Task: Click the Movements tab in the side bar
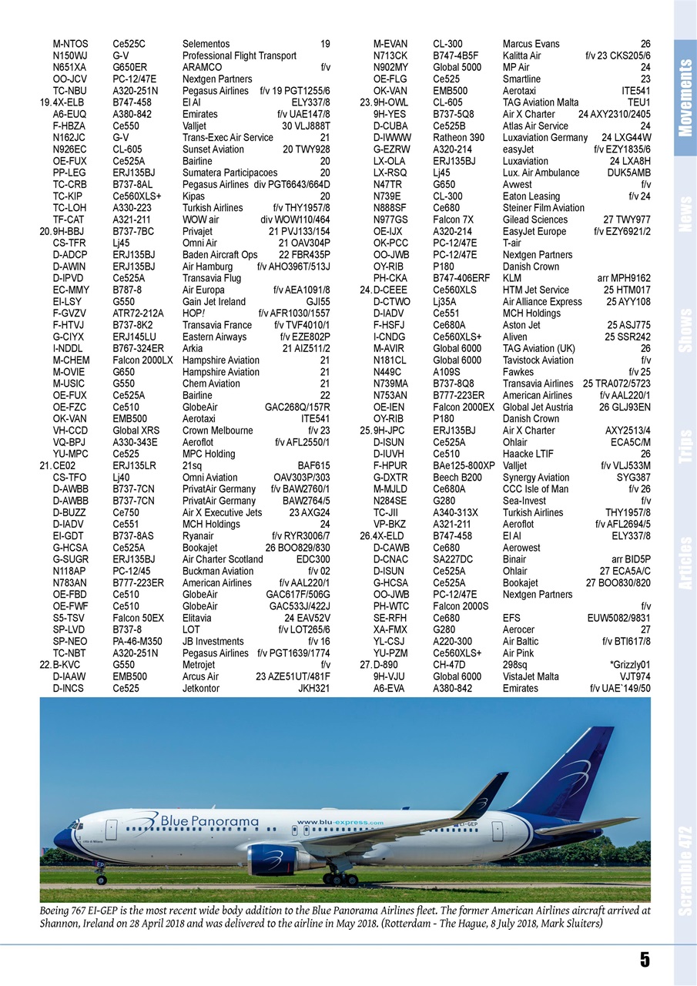pos(685,99)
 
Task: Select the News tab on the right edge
pos(685,214)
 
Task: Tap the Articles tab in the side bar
pos(685,563)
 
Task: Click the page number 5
pos(644,959)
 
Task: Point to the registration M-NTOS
pos(70,44)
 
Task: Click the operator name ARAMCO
pos(202,68)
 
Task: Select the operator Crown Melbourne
pos(217,431)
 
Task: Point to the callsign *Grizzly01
pos(629,664)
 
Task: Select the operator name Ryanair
pos(198,536)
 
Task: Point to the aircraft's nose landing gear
pos(102,877)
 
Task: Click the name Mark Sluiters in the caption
pos(571,923)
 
